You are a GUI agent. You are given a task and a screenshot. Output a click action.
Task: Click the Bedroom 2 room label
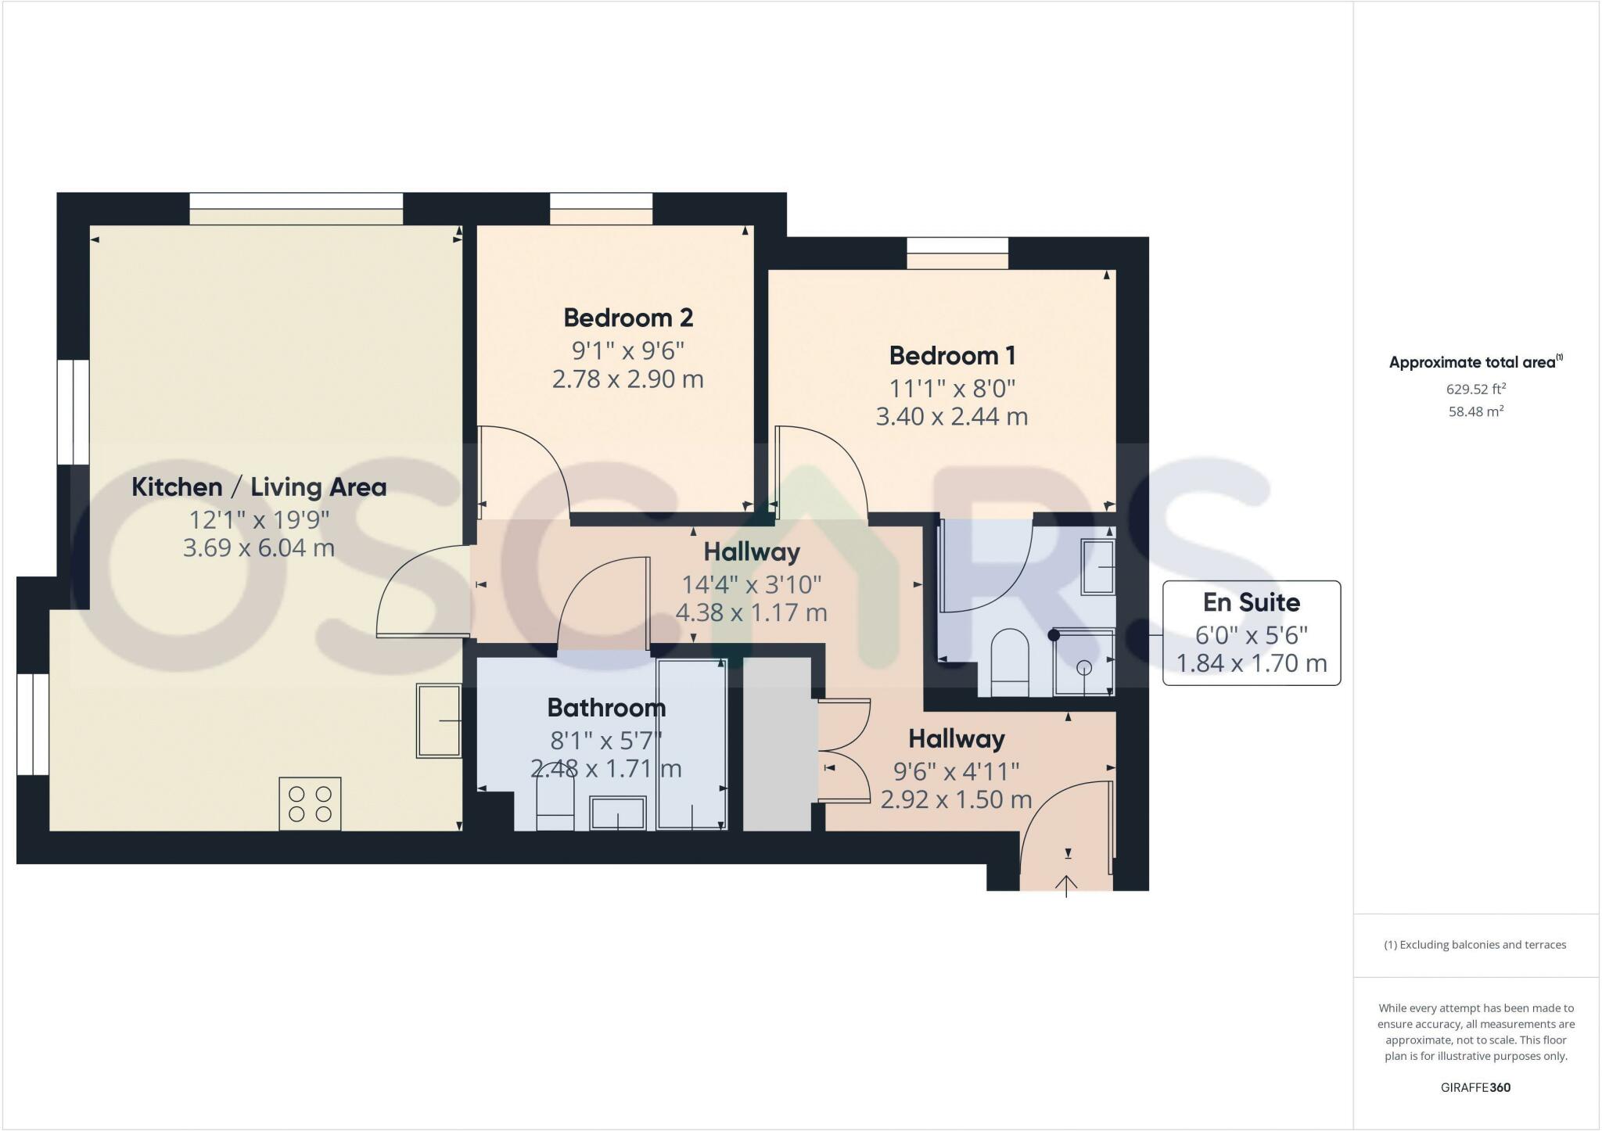(x=628, y=318)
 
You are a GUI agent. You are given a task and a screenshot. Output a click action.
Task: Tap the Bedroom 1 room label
(x=952, y=356)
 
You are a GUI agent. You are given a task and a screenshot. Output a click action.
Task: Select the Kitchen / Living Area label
(x=259, y=487)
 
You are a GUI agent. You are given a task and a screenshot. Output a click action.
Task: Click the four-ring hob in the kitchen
(x=310, y=803)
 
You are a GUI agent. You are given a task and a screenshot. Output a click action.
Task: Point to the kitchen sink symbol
(x=439, y=720)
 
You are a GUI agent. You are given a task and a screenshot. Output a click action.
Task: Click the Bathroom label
(x=606, y=708)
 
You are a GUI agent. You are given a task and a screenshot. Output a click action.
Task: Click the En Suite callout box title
(x=1252, y=602)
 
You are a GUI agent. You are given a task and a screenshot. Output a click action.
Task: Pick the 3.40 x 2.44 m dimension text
(x=952, y=417)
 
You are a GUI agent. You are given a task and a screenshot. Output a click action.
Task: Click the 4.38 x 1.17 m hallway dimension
(x=751, y=612)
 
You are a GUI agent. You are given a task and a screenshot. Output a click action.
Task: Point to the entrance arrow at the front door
(x=1067, y=884)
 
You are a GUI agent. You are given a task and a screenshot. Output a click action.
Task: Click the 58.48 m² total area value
(x=1476, y=411)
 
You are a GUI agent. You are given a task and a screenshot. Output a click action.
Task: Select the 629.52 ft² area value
(x=1476, y=389)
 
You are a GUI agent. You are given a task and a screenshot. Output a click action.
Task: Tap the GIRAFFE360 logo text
(x=1476, y=1087)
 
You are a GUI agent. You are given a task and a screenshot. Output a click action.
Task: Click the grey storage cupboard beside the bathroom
(x=776, y=743)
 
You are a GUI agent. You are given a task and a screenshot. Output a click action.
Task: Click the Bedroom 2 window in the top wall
(x=601, y=209)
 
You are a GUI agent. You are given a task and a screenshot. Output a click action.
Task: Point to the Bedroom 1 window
(x=957, y=253)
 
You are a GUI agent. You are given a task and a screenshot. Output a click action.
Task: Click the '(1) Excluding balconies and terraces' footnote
(x=1475, y=945)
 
